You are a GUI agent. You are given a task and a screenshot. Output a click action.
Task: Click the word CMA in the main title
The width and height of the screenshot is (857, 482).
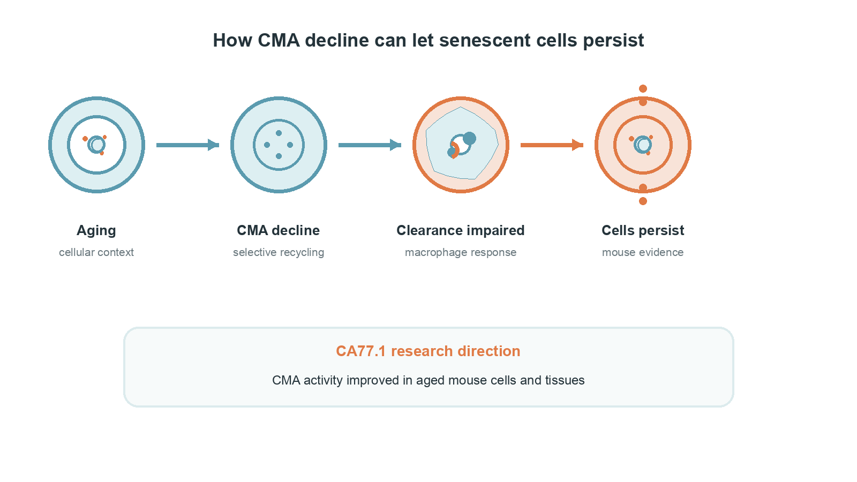point(279,40)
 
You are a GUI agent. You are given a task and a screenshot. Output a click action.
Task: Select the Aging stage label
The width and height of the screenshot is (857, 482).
point(96,231)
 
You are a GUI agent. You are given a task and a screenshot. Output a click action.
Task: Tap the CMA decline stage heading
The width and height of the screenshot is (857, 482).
point(278,230)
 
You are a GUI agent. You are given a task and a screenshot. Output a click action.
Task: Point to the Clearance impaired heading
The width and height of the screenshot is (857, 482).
point(460,231)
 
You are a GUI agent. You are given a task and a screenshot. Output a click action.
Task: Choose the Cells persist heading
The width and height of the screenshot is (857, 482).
point(643,231)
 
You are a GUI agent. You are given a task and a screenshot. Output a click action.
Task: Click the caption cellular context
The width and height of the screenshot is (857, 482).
point(96,252)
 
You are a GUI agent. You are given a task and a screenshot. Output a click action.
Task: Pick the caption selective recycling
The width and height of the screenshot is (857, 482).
point(279,253)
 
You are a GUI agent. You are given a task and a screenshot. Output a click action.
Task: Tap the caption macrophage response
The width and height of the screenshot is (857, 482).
point(461,253)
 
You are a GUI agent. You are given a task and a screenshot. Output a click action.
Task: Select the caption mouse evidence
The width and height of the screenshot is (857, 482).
point(643,252)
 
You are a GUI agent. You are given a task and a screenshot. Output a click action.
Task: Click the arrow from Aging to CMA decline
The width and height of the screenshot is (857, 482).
point(187,145)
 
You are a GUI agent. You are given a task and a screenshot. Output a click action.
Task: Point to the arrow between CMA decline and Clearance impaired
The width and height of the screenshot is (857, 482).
point(370,145)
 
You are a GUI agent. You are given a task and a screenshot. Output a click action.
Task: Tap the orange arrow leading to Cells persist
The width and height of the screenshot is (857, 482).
point(552,145)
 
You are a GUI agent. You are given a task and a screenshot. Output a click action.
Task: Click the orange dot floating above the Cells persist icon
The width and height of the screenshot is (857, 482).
point(643,89)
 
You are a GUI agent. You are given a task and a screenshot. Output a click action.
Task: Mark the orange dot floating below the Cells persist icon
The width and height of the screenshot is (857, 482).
point(643,201)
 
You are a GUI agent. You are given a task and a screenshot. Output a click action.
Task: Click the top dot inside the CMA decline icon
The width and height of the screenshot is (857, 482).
point(279,133)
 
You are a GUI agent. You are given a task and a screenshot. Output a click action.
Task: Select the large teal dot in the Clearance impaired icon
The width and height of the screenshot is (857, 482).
point(469,139)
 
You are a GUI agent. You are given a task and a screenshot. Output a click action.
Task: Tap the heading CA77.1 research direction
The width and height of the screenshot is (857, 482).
point(428,351)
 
